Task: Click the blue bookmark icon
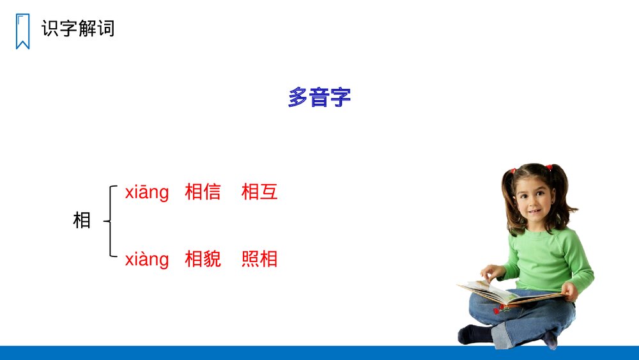(22, 31)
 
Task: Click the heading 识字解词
(78, 29)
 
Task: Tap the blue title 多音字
(319, 98)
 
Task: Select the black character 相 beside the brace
(82, 221)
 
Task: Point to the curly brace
(111, 221)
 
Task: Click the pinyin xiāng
(147, 192)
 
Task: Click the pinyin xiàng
(147, 259)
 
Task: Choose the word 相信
(203, 192)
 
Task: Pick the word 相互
(259, 192)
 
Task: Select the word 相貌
(203, 259)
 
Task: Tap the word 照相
(259, 259)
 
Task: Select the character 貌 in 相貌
(212, 259)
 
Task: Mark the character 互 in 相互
(269, 192)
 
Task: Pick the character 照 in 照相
(250, 259)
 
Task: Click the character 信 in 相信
(212, 192)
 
